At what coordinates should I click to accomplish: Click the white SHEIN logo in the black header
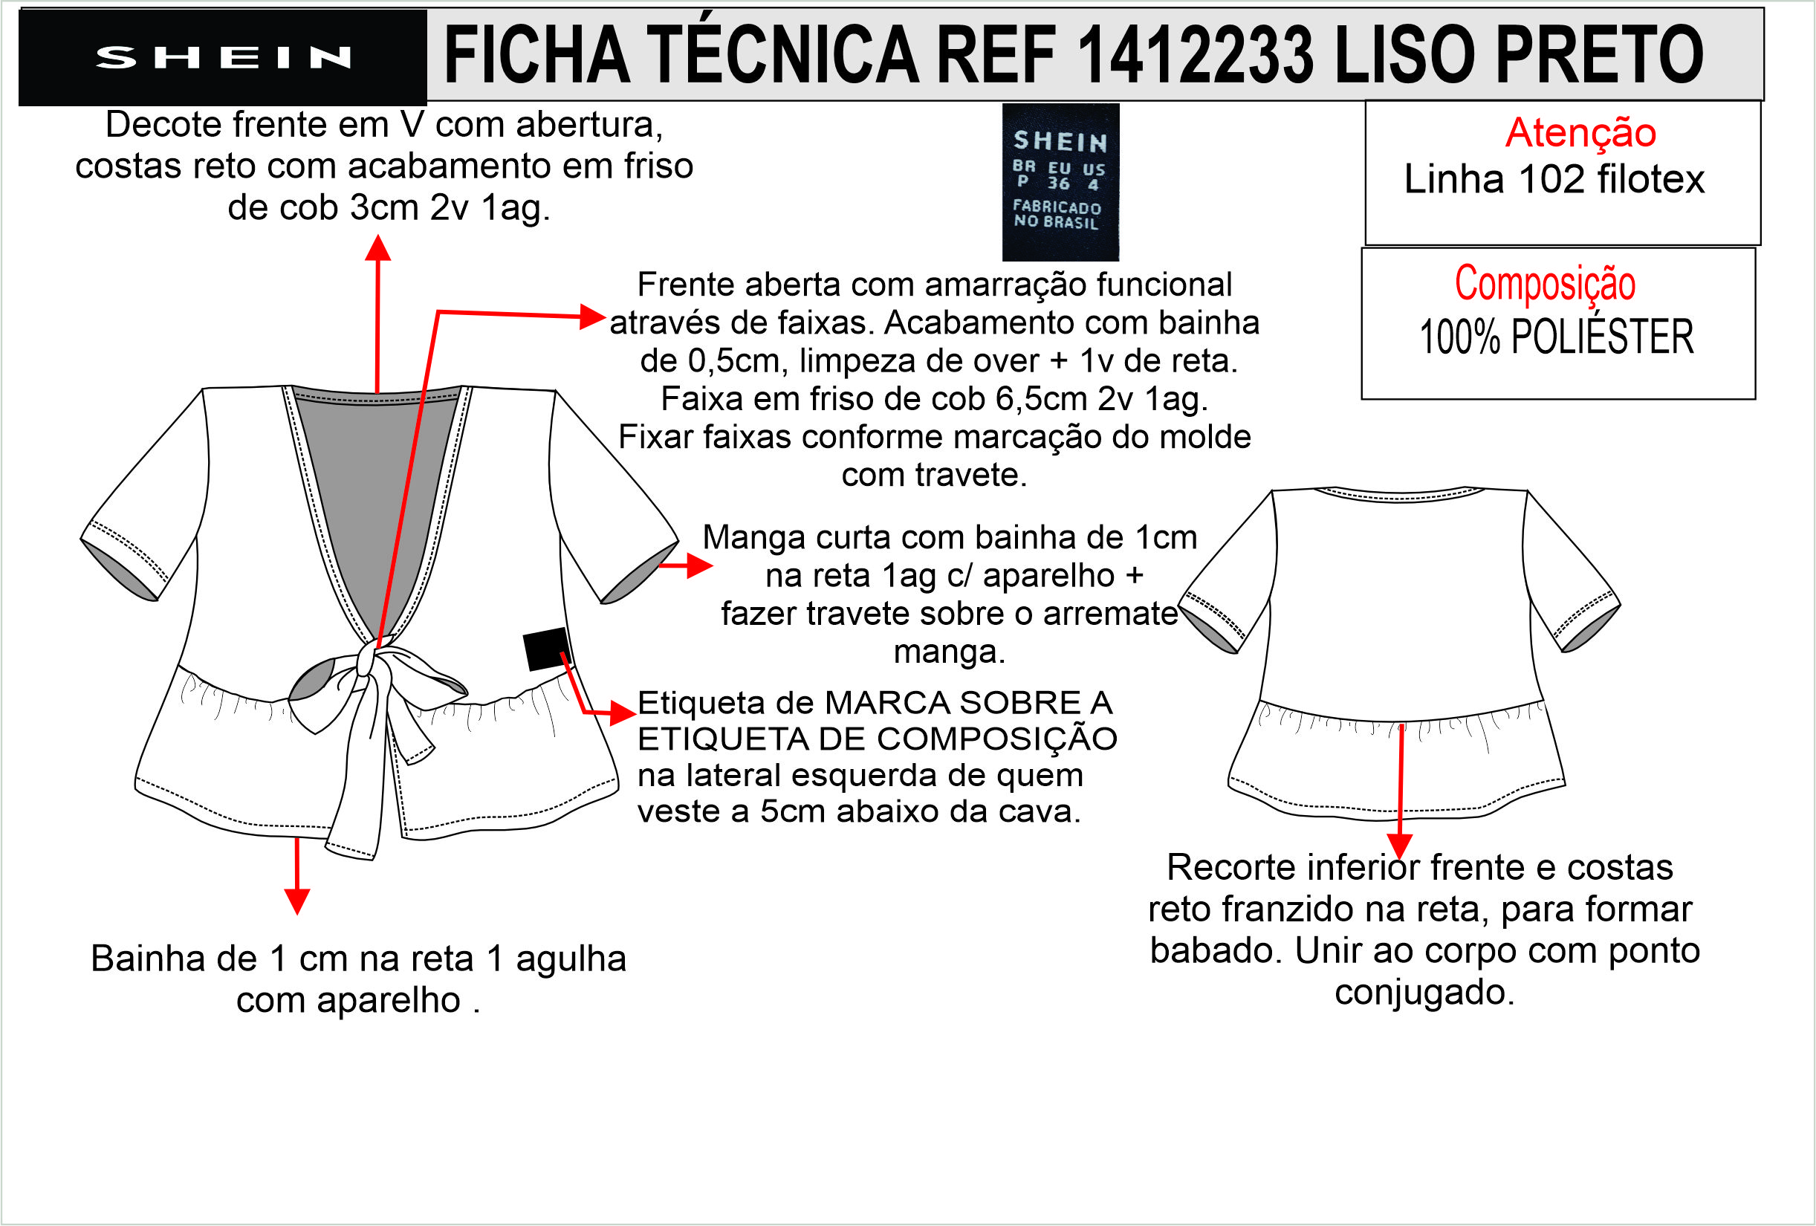coord(223,57)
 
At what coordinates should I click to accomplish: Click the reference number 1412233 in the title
coord(1196,55)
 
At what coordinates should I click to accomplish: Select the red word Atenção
coord(1580,132)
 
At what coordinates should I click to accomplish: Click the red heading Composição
coord(1545,282)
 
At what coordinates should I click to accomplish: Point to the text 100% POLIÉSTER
coord(1556,337)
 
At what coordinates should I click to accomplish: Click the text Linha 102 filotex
coord(1554,179)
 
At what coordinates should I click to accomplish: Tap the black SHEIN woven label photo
coord(1060,182)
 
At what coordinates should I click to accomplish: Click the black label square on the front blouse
coord(547,649)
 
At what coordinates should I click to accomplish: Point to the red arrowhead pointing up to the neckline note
coord(378,247)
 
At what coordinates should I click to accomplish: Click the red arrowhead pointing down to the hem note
coord(297,902)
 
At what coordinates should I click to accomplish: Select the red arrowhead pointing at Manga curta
coord(699,565)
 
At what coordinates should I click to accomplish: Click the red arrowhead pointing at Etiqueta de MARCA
coord(623,713)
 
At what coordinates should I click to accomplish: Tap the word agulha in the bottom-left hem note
coord(571,959)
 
